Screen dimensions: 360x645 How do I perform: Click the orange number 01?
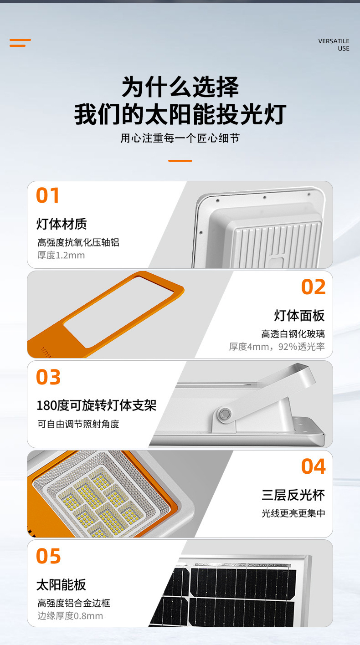pos(47,195)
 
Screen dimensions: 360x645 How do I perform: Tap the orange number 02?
pos(314,287)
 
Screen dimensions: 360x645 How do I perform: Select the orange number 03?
pos(48,377)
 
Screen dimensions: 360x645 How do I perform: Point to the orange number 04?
pos(314,466)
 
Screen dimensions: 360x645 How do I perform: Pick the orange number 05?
pos(48,556)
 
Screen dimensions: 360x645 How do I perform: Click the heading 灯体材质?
pos(62,224)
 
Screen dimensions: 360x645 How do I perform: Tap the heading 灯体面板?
pos(299,315)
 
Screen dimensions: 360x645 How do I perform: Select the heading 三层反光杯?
pos(293,495)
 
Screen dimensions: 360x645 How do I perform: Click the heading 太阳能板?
pos(61,584)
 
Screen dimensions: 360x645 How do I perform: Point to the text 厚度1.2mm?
pos(61,255)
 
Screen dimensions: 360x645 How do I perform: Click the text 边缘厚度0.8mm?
pos(70,616)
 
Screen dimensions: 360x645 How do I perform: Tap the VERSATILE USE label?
pos(334,45)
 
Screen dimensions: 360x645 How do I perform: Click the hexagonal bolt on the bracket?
pos(224,414)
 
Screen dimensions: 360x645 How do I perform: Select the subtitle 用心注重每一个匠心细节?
pos(180,138)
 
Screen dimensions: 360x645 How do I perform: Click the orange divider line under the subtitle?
pos(180,161)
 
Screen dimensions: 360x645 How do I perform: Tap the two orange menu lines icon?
pos(20,43)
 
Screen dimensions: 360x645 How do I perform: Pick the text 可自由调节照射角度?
pos(78,424)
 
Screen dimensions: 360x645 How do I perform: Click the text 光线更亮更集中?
pos(293,513)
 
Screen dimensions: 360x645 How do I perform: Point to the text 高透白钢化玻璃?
pos(293,334)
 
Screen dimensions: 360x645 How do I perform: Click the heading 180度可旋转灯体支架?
pos(97,405)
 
